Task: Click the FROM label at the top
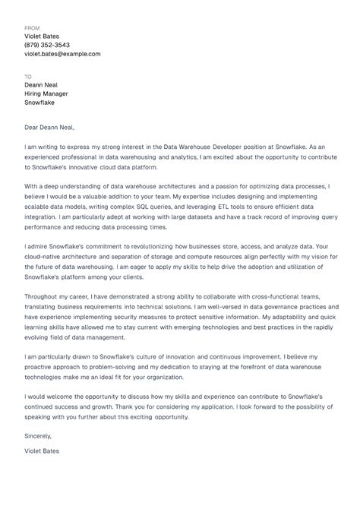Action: (32, 27)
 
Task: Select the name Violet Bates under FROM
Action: (42, 36)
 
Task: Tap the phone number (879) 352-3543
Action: (48, 46)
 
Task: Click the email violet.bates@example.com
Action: (62, 55)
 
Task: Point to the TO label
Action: (28, 77)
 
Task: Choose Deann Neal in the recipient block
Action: (41, 85)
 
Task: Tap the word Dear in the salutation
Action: (33, 127)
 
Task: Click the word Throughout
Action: (44, 297)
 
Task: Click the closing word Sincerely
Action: (39, 436)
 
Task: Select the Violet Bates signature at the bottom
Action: (42, 451)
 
